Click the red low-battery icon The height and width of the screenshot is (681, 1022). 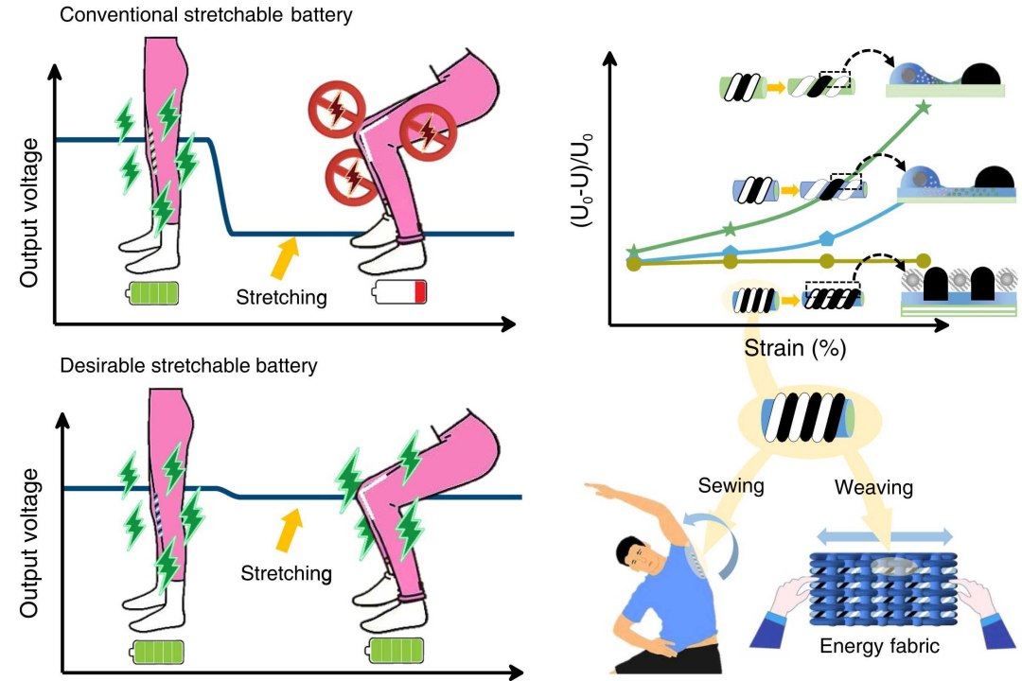(401, 291)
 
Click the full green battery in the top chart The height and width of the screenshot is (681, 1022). (152, 292)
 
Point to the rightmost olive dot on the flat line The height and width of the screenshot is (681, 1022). (922, 262)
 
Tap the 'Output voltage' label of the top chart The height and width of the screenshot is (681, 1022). (31, 211)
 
